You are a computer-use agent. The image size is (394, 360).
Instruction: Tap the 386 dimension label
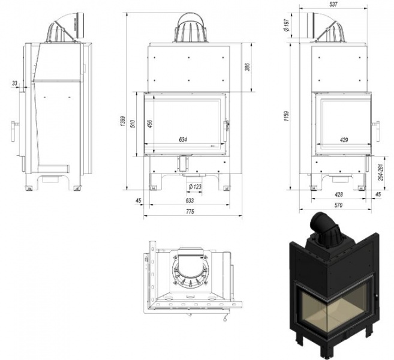tap(248, 67)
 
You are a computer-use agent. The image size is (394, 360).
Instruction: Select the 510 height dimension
tap(133, 124)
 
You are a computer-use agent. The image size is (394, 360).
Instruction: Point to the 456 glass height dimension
tap(150, 124)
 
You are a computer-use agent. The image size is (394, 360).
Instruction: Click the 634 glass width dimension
tap(183, 140)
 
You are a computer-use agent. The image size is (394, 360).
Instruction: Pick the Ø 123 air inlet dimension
tap(195, 187)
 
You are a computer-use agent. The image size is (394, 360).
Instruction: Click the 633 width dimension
tap(190, 200)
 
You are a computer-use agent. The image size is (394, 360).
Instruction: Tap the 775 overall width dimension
tap(190, 212)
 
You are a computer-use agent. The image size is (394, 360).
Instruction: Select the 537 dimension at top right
tap(333, 4)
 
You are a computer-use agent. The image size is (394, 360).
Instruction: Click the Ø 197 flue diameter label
tap(287, 26)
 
